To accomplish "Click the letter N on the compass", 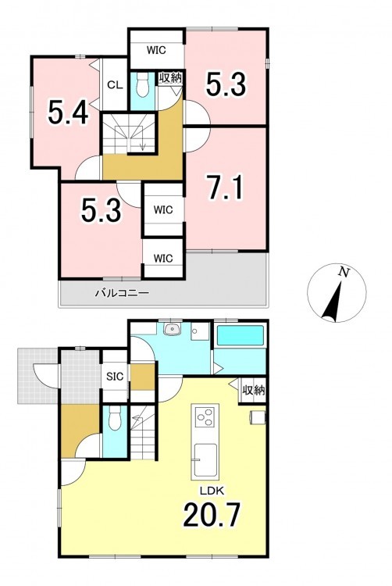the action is [x=344, y=273].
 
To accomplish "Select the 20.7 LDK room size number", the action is [x=211, y=514].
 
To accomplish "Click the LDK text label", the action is [x=212, y=491].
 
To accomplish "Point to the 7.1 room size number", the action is [x=226, y=188].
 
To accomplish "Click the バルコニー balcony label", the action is [x=122, y=293].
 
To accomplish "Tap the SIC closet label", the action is [x=115, y=377].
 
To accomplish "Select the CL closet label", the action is [x=115, y=85].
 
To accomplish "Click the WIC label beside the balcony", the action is [x=163, y=259].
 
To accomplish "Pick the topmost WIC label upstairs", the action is [x=156, y=50].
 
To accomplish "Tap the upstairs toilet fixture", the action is [x=143, y=85].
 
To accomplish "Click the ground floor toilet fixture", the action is [x=115, y=419].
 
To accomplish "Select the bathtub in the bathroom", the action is [x=241, y=335].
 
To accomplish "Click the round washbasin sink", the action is [x=172, y=329].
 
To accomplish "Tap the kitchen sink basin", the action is [x=205, y=460].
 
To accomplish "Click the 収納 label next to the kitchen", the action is [x=254, y=391].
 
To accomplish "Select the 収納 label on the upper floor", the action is [x=170, y=77].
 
